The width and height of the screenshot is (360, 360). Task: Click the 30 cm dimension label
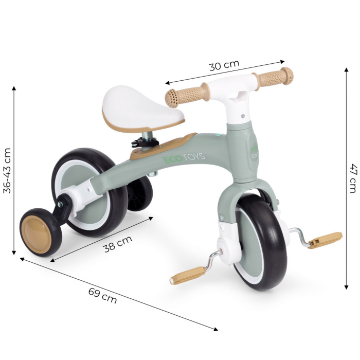[x=224, y=65]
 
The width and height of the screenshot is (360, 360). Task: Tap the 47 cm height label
[x=352, y=178]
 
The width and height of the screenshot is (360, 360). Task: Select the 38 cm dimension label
[x=118, y=243]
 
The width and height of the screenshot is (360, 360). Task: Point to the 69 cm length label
[x=102, y=296]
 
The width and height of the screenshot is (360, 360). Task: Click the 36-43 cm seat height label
[x=7, y=170]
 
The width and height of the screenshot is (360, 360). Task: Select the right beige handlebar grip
[x=276, y=77]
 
